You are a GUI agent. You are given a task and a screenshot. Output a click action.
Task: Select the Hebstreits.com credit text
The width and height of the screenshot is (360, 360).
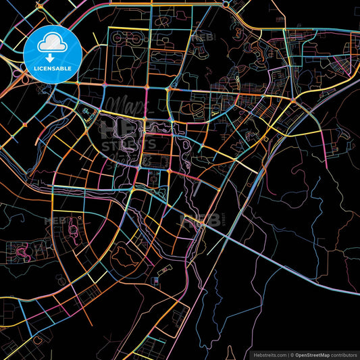coord(267,354)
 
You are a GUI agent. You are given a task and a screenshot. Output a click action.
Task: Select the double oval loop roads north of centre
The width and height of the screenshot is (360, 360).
coord(197,112)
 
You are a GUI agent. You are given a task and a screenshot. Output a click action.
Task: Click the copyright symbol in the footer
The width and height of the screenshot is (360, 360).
coord(292,354)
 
